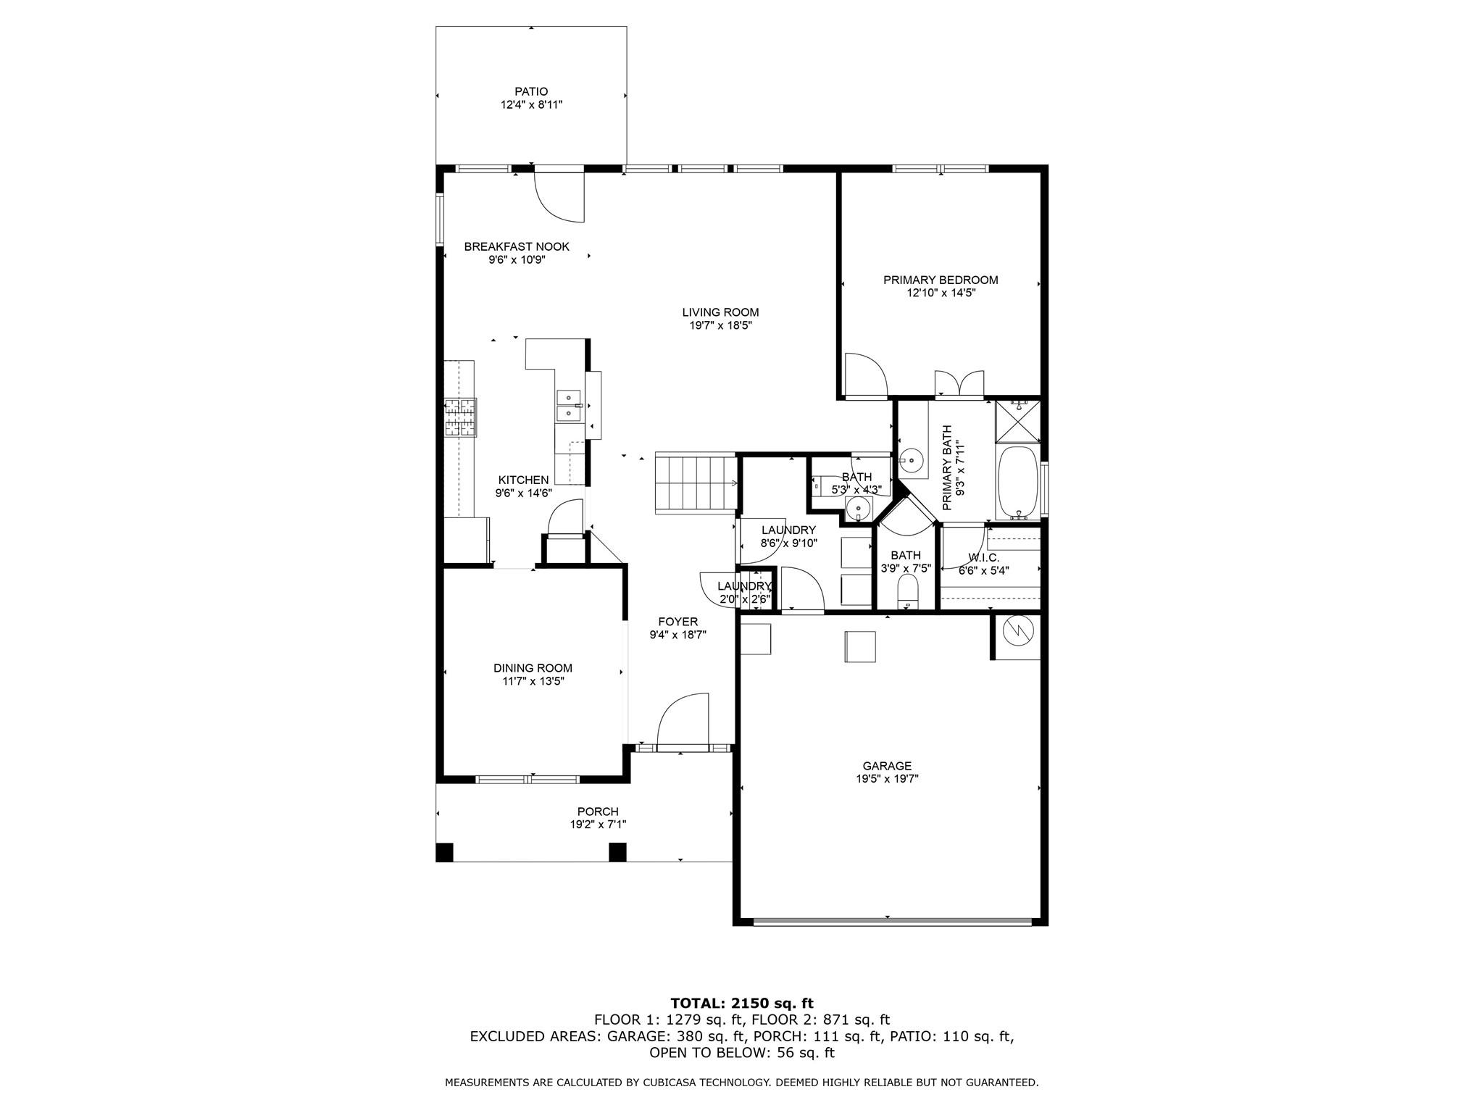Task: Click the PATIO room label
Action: point(531,92)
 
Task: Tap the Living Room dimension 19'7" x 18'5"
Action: point(720,326)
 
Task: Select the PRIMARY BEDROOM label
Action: point(941,280)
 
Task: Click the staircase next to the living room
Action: point(696,483)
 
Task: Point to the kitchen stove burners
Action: point(460,418)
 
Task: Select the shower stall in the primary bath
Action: point(1017,421)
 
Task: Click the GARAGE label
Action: point(887,766)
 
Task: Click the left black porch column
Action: point(444,852)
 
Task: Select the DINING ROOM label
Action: point(533,668)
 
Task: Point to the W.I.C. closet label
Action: point(983,558)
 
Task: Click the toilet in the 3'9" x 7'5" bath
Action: point(907,594)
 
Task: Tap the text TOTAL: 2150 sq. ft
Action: point(742,1004)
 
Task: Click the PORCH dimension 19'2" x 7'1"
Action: point(598,825)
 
